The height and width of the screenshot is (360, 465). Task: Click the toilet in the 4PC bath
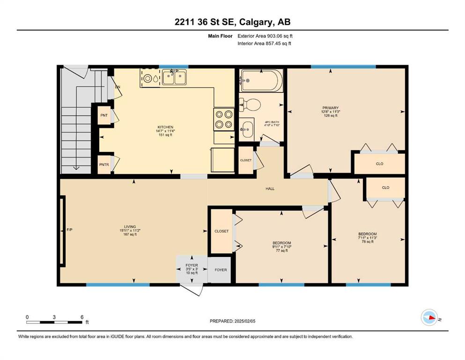tap(250, 105)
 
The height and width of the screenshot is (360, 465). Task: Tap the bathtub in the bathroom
tap(261, 80)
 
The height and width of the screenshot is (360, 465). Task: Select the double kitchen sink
tap(174, 77)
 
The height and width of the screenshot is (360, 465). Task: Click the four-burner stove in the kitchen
tap(224, 120)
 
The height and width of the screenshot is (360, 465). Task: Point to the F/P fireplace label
tap(69, 230)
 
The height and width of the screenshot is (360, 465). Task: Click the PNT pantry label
tap(104, 115)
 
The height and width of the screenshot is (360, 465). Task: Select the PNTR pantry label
tap(104, 165)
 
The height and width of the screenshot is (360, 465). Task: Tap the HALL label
tap(270, 188)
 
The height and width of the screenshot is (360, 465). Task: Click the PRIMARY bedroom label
tap(331, 108)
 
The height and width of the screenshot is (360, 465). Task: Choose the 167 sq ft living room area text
tap(130, 234)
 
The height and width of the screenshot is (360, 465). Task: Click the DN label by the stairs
tap(118, 87)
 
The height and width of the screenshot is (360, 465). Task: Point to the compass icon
tap(429, 317)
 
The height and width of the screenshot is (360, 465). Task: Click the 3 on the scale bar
tap(54, 317)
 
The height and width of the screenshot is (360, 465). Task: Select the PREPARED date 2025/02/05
tap(245, 321)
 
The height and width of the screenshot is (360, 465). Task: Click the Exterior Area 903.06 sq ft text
tap(265, 36)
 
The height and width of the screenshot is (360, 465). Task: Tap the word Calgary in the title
tap(255, 22)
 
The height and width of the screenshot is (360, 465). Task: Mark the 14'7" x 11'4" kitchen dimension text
tap(165, 131)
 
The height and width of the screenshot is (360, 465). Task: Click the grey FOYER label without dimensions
tap(221, 270)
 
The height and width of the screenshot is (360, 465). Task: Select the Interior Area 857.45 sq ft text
tap(264, 43)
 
